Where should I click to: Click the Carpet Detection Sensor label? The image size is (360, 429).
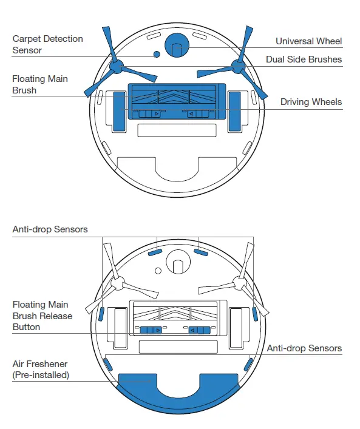[x=47, y=44]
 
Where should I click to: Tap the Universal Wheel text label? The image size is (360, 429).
[x=308, y=41]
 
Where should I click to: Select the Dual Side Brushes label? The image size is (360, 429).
[x=304, y=59]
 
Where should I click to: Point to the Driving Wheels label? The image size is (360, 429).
[x=311, y=102]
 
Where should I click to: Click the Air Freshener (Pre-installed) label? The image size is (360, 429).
[x=41, y=370]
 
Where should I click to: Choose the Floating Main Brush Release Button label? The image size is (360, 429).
[x=42, y=316]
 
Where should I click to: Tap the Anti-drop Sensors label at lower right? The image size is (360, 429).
[x=304, y=348]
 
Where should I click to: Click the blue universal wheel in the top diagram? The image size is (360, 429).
[x=177, y=45]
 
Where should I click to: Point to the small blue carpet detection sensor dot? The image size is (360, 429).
[x=157, y=55]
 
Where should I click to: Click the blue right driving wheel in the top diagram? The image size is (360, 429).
[x=235, y=110]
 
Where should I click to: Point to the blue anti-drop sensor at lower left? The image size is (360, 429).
[x=108, y=365]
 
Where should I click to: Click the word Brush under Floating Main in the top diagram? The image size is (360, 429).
[x=24, y=90]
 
